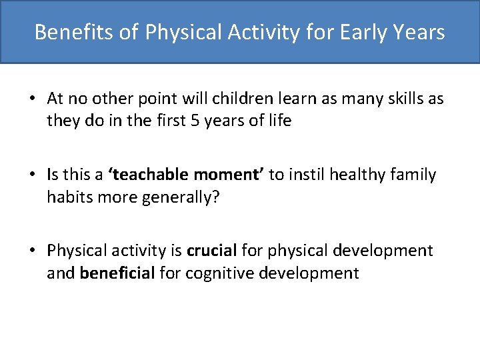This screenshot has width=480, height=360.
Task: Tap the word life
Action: pyautogui.click(x=279, y=121)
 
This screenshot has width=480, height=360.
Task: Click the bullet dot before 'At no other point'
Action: pyautogui.click(x=32, y=99)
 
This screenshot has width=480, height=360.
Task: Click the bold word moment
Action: pyautogui.click(x=229, y=175)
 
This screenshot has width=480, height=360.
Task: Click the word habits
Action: pyautogui.click(x=69, y=197)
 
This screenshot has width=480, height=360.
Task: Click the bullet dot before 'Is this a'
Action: pyautogui.click(x=32, y=175)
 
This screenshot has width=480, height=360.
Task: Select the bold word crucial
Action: pyautogui.click(x=212, y=251)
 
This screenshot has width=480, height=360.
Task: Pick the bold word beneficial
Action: pyautogui.click(x=117, y=273)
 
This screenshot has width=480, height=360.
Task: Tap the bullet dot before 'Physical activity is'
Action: pyautogui.click(x=32, y=251)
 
